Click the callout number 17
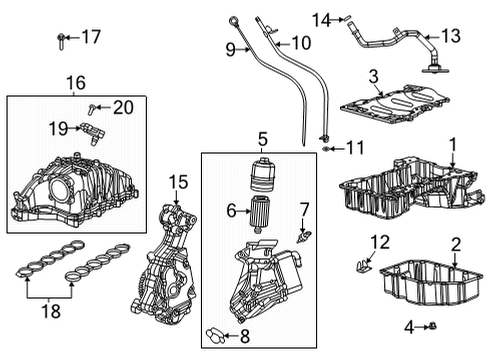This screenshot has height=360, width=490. pos(91,38)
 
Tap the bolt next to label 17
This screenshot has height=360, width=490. pos(62,40)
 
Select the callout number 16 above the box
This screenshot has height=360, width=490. pos(76,82)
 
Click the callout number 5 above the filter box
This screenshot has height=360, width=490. pos(263,139)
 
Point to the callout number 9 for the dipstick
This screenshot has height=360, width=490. pos(230,49)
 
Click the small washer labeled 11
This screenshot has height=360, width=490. pos(327,149)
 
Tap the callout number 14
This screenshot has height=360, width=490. pos(321,18)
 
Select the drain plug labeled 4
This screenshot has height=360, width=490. pos(436,326)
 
